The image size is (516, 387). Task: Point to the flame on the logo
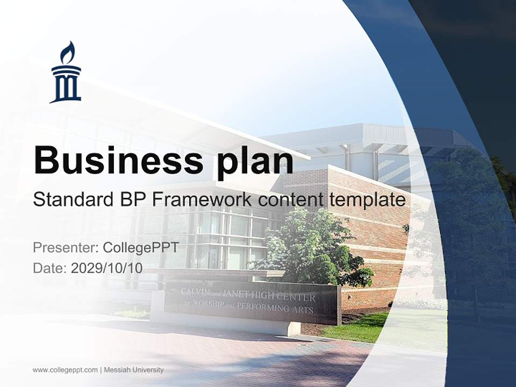coord(68,53)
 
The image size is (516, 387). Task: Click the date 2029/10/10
coord(107,268)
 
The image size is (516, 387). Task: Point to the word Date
coord(50,268)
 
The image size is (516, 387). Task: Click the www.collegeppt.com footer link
coord(65,370)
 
